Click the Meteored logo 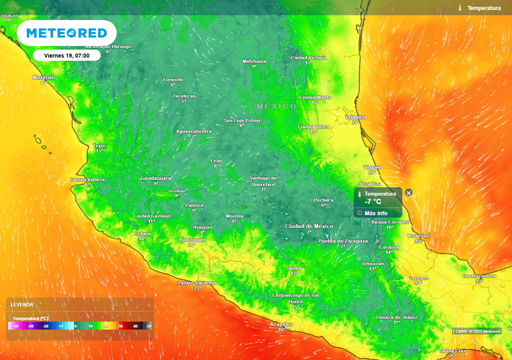tap(66, 33)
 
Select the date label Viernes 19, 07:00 tap(67, 55)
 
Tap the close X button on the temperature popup tap(408, 193)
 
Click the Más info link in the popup tap(375, 213)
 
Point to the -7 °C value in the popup tap(373, 202)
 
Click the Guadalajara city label tap(156, 178)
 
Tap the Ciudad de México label tap(309, 226)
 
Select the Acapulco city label tap(281, 324)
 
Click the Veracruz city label tap(418, 235)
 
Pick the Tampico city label tap(355, 117)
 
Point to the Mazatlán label tap(43, 77)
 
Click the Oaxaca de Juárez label tap(396, 317)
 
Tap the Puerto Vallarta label tap(87, 179)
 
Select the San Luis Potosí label tap(241, 120)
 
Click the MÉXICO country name tap(276, 106)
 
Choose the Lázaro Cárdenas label tap(197, 283)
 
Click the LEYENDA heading tap(22, 304)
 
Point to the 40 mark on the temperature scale tap(135, 326)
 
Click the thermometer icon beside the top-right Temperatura tap(460, 8)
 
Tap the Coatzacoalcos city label tap(479, 276)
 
